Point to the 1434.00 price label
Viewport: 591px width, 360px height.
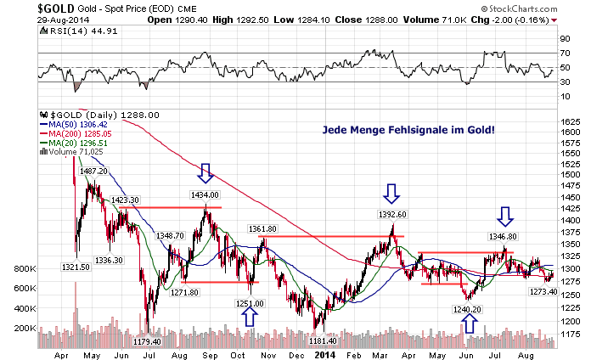[x=205, y=195]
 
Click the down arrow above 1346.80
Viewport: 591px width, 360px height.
[x=505, y=215]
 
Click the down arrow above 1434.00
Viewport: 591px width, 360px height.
[x=205, y=173]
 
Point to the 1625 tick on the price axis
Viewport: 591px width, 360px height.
[x=570, y=121]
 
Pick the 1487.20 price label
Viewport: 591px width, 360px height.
[x=93, y=171]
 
